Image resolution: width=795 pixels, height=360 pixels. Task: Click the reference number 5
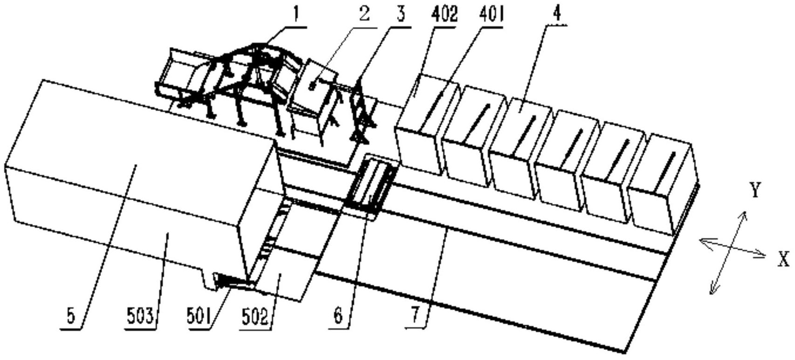pyautogui.click(x=71, y=317)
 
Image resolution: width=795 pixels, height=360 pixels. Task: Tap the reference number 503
pyautogui.click(x=140, y=317)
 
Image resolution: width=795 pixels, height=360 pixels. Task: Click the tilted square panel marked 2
pyautogui.click(x=313, y=91)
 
